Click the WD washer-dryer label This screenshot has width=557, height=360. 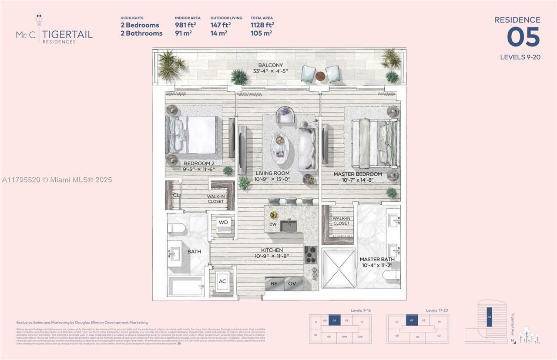[223, 222]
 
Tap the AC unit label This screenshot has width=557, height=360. [222, 281]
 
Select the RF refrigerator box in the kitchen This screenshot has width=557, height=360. [274, 283]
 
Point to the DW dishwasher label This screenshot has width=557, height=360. [273, 224]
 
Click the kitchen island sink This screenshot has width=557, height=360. [288, 226]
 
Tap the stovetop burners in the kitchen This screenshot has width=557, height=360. [311, 254]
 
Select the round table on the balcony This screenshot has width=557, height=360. [320, 76]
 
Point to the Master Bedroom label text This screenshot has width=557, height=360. [358, 174]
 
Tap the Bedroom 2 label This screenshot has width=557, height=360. [199, 163]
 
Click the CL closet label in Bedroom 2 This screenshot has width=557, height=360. [176, 196]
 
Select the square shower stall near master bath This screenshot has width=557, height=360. [338, 268]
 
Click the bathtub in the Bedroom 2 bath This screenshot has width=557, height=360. [185, 286]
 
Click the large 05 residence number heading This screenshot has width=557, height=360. [523, 37]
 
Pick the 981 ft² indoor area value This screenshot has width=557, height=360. [184, 25]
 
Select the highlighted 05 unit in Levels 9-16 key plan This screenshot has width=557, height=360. [334, 320]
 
